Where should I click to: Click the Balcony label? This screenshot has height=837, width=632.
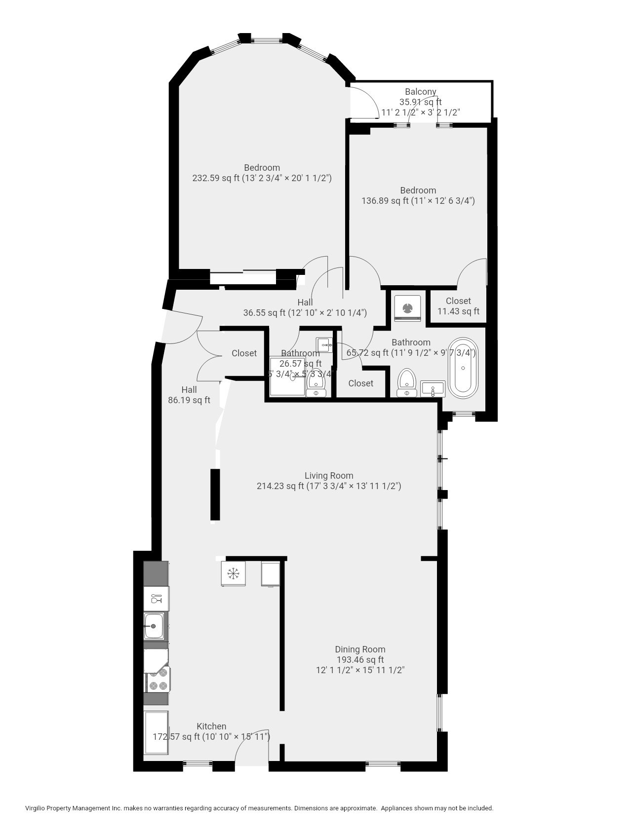pyautogui.click(x=420, y=92)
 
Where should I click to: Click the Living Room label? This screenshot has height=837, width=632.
pyautogui.click(x=328, y=476)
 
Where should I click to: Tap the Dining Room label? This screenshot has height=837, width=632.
pyautogui.click(x=360, y=649)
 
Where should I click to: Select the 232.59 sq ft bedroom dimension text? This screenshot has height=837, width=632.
pyautogui.click(x=262, y=178)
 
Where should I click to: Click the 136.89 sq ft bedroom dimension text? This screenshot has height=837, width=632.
pyautogui.click(x=418, y=201)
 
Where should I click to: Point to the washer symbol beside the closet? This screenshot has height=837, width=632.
pyautogui.click(x=408, y=308)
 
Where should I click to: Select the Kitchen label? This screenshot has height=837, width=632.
pyautogui.click(x=211, y=726)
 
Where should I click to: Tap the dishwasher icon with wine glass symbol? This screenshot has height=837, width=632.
pyautogui.click(x=156, y=599)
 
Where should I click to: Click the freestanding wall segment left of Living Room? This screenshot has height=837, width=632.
pyautogui.click(x=215, y=495)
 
